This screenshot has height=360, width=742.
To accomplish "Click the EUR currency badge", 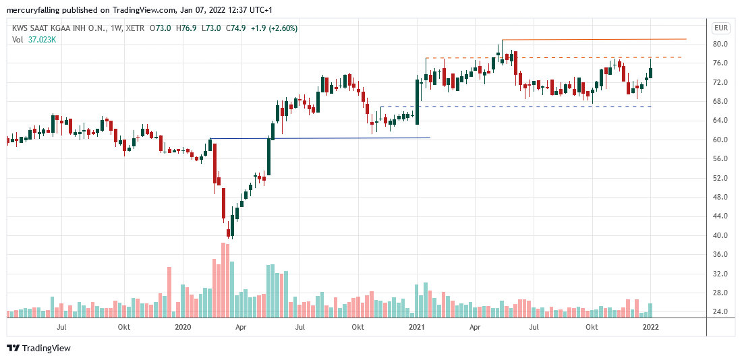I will click(x=721, y=28).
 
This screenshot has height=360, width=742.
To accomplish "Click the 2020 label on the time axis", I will click(x=183, y=328).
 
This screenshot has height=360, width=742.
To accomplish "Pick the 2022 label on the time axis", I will click(x=650, y=328).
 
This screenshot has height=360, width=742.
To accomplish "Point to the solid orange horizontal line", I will click(x=594, y=40).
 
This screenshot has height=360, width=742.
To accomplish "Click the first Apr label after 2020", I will click(x=239, y=328).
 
